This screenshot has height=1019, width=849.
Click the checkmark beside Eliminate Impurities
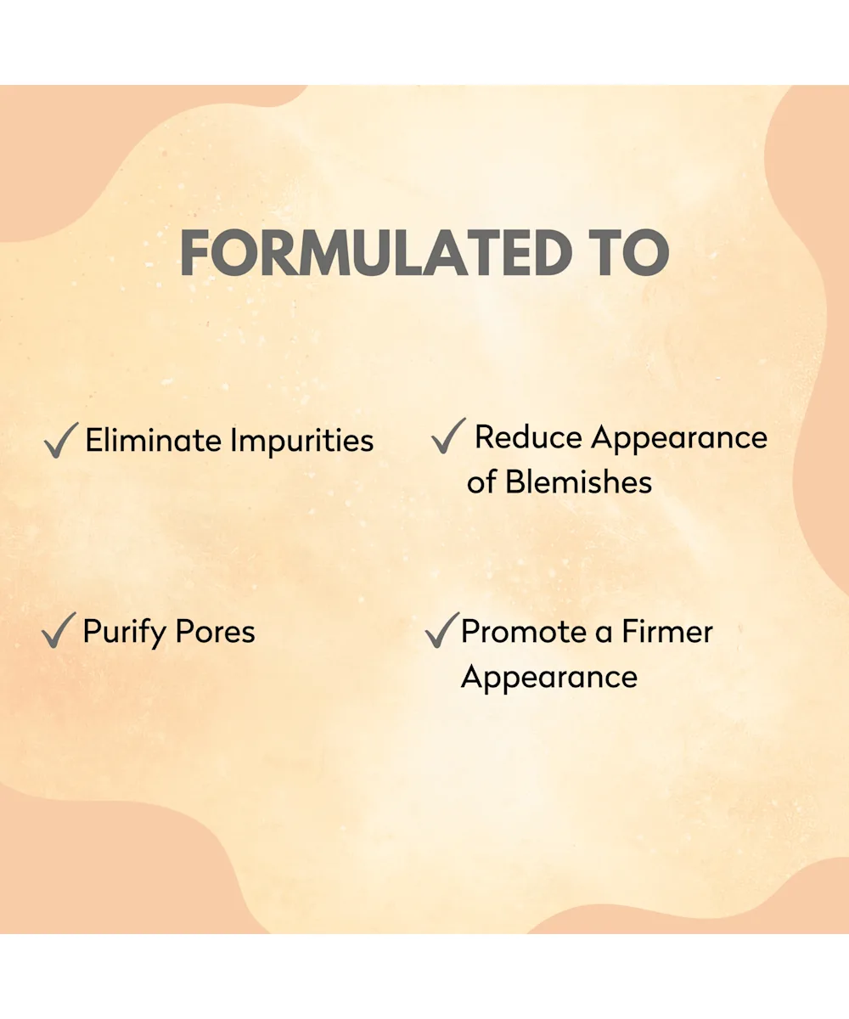tap(61, 440)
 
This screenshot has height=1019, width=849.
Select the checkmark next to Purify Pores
tap(59, 630)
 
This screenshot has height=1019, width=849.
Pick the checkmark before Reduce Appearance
tap(448, 436)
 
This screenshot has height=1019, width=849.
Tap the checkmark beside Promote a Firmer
tap(442, 630)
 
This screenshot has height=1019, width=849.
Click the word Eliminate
tap(154, 440)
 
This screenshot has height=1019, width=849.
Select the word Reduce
tap(528, 436)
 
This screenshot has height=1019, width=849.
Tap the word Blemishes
tap(578, 481)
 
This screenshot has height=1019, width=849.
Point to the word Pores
tap(215, 632)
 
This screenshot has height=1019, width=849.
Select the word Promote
tap(524, 632)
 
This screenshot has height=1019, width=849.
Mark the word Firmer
tap(667, 632)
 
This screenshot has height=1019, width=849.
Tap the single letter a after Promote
tap(604, 634)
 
